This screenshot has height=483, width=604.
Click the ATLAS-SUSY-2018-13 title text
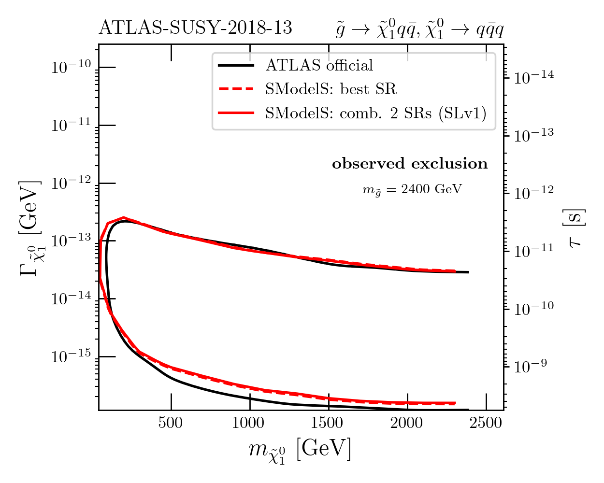coord(195,28)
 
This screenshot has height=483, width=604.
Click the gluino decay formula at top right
coord(419,29)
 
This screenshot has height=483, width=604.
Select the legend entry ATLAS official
coord(319,65)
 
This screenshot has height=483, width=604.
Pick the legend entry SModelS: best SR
coord(331,89)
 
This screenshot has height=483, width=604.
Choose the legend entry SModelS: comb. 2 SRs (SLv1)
coord(375,113)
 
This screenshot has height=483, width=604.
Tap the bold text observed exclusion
coord(410,164)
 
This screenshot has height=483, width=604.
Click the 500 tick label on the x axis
coord(171,423)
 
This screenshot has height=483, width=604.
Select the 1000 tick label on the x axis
coord(249,423)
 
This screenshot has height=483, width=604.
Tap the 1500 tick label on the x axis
coord(328,423)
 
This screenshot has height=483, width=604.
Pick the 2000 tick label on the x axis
coord(407,423)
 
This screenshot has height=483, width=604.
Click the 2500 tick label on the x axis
coord(486,423)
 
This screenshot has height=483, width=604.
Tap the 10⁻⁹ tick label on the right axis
coord(531,366)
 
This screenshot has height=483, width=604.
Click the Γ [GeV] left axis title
coord(30,228)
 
